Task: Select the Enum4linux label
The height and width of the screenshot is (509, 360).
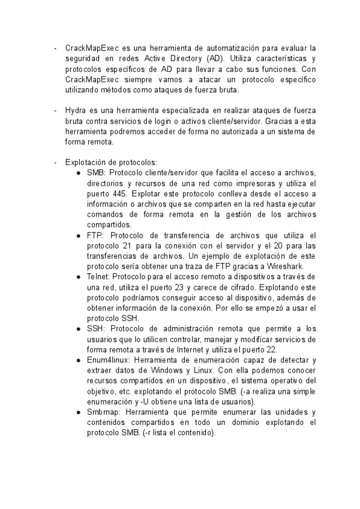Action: [108, 360]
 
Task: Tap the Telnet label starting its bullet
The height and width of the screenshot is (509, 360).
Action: [98, 277]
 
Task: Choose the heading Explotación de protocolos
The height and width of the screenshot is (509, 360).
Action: [110, 162]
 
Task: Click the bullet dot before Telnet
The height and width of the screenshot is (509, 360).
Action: [79, 277]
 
